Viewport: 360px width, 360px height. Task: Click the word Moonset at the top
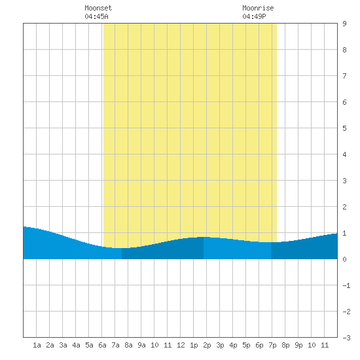pos(98,8)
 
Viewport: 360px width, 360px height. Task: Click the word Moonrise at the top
pos(258,8)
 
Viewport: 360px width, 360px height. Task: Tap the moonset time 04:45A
pos(96,16)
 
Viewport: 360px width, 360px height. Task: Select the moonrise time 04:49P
pos(254,16)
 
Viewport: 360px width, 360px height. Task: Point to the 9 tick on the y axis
pos(344,24)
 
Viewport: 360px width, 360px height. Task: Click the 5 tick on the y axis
pos(344,128)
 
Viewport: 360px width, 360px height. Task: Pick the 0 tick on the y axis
pos(344,259)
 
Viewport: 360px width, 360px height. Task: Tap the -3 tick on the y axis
pos(346,338)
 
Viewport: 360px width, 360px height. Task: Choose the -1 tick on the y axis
pos(346,285)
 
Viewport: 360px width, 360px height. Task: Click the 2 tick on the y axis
pos(344,207)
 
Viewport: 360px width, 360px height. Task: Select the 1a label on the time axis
pos(37,345)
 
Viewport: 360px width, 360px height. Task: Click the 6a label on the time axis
pos(102,345)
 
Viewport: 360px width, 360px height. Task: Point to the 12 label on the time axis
pos(181,345)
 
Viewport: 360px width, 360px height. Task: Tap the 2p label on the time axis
pos(207,345)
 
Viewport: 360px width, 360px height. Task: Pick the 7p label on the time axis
pos(272,345)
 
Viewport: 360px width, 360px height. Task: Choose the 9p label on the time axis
pos(298,345)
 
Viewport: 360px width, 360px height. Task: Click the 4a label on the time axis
pos(76,345)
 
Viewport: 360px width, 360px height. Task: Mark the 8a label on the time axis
pos(128,345)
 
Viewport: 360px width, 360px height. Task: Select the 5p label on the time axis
pos(246,345)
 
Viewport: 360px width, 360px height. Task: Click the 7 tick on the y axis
pos(344,76)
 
